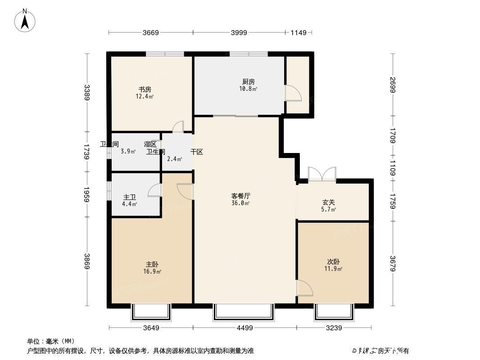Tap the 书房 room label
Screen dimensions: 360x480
pos(145,89)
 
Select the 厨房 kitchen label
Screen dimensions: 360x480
pos(248,82)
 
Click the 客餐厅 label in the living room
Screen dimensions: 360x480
pos(240,196)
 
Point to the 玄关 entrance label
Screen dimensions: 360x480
pos(329,202)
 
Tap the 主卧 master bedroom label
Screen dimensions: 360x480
pos(152,265)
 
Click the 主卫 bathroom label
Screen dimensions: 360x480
pos(130,197)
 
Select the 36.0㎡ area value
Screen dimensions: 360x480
pos(241,203)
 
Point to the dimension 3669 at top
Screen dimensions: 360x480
pos(151,32)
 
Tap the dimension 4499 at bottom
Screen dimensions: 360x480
pos(244,328)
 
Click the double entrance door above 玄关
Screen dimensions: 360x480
pos(322,174)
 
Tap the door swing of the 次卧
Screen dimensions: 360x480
pos(305,288)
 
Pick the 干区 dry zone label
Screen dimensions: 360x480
pos(196,152)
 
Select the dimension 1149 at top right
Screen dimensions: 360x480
pos(298,32)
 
